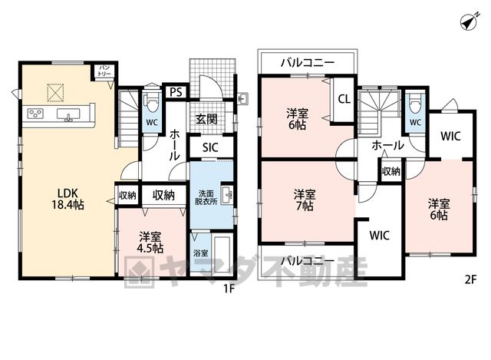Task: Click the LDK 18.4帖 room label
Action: (x=68, y=199)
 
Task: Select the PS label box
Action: (x=176, y=92)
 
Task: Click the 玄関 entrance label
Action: (x=206, y=119)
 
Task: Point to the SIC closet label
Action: (x=210, y=147)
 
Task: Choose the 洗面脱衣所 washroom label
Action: (x=206, y=197)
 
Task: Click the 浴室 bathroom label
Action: (x=201, y=253)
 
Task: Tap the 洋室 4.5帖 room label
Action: (x=150, y=243)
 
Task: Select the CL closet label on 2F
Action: (x=344, y=99)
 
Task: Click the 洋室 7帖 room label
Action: (x=305, y=200)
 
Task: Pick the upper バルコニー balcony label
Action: (x=308, y=63)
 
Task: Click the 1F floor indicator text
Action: (x=229, y=289)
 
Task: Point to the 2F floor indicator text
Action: (x=470, y=279)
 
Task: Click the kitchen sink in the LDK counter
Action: (x=69, y=114)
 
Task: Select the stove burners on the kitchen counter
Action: (x=35, y=113)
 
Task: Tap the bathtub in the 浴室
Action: (x=222, y=254)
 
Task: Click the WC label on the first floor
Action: (x=152, y=123)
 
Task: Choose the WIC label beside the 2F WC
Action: (x=450, y=137)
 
